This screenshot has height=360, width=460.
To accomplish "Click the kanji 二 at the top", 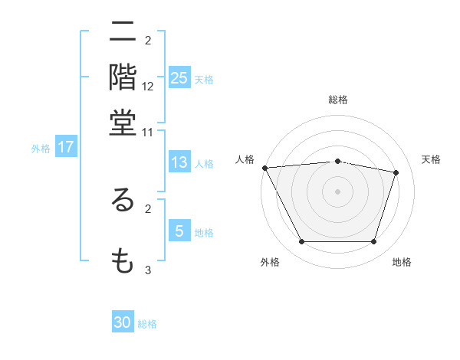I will coord(123,33).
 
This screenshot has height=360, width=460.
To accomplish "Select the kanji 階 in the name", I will coord(123,77).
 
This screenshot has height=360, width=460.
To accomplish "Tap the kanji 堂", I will coord(123,123).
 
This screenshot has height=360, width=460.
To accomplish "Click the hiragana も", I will coord(123,261).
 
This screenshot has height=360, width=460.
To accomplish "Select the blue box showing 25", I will coord(179,77).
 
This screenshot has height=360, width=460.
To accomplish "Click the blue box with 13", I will coord(179,162).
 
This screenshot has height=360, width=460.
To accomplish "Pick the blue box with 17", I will coord(65,147).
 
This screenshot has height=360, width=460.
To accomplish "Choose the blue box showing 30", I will coord(123,322).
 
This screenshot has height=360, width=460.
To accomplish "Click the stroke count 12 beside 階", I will coord(148,87).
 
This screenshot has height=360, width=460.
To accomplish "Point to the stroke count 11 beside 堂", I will coord(148,132).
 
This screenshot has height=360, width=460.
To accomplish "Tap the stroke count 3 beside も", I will coord(148,270).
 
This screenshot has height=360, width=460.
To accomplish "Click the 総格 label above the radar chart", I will coord(338,100).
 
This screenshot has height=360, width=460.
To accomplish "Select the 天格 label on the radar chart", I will coord(432,159).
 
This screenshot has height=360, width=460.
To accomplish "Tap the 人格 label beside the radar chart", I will coord(245,159).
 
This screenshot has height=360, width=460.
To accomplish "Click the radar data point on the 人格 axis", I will coord(264,168).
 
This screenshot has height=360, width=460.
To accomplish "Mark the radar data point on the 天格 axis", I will coord(396,172).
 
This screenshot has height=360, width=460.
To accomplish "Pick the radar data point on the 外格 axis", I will coord(302,242).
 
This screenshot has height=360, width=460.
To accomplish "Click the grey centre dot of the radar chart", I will coord(338,191).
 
